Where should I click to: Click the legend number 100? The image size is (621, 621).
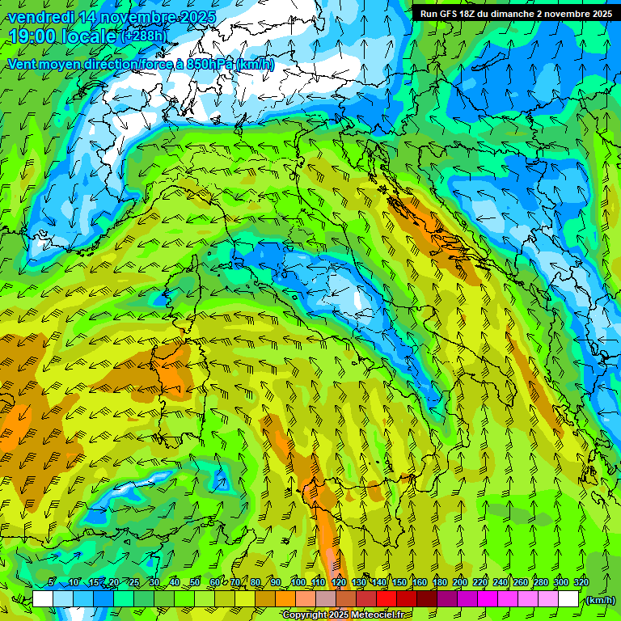pos(298,583)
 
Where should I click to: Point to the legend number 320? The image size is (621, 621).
pos(581,583)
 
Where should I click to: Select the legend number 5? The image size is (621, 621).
pos(51,583)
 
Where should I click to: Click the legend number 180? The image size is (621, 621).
pos(439,583)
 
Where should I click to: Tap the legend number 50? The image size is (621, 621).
pos(195,583)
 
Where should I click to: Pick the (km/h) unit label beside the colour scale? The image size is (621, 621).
pos(599,600)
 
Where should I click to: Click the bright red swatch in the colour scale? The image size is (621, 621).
pos(387,599)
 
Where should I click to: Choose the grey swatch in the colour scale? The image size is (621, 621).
pos(326,599)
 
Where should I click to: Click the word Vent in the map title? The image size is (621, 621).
pos(23,64)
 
